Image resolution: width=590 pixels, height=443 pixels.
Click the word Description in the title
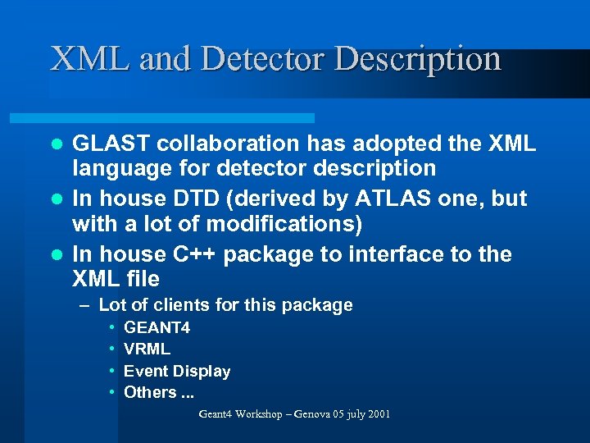(418, 59)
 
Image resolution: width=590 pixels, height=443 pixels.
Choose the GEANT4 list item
(157, 328)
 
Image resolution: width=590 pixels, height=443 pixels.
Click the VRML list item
(147, 349)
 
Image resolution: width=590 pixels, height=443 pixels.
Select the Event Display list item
(177, 371)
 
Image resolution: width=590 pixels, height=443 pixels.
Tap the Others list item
(158, 392)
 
